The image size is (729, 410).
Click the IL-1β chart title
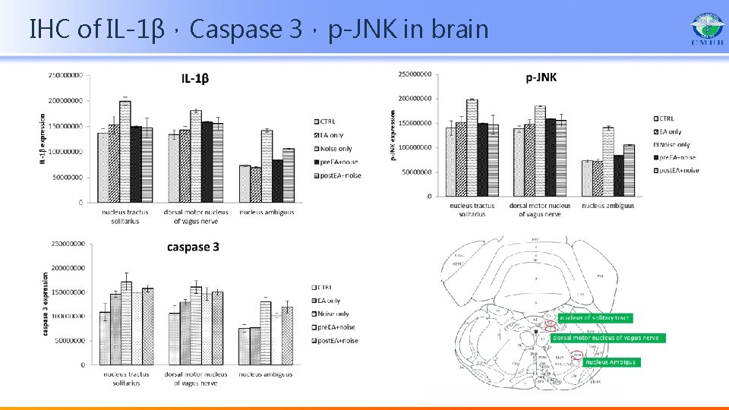click(x=196, y=78)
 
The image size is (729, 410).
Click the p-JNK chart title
click(x=541, y=77)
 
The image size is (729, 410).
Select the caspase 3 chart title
click(x=193, y=248)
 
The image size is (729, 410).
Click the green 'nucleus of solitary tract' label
click(x=595, y=317)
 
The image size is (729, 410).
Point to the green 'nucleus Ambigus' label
click(x=611, y=362)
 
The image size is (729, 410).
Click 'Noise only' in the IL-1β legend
click(x=336, y=149)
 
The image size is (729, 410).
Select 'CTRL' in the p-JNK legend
click(x=666, y=118)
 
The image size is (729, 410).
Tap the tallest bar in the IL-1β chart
click(x=125, y=151)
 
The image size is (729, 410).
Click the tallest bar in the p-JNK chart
click(x=472, y=147)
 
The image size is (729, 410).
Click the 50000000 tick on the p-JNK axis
click(x=417, y=172)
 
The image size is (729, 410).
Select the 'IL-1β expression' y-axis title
click(x=43, y=139)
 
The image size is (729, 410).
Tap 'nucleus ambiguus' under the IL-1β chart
click(x=267, y=213)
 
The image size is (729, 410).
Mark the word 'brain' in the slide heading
click(x=460, y=30)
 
